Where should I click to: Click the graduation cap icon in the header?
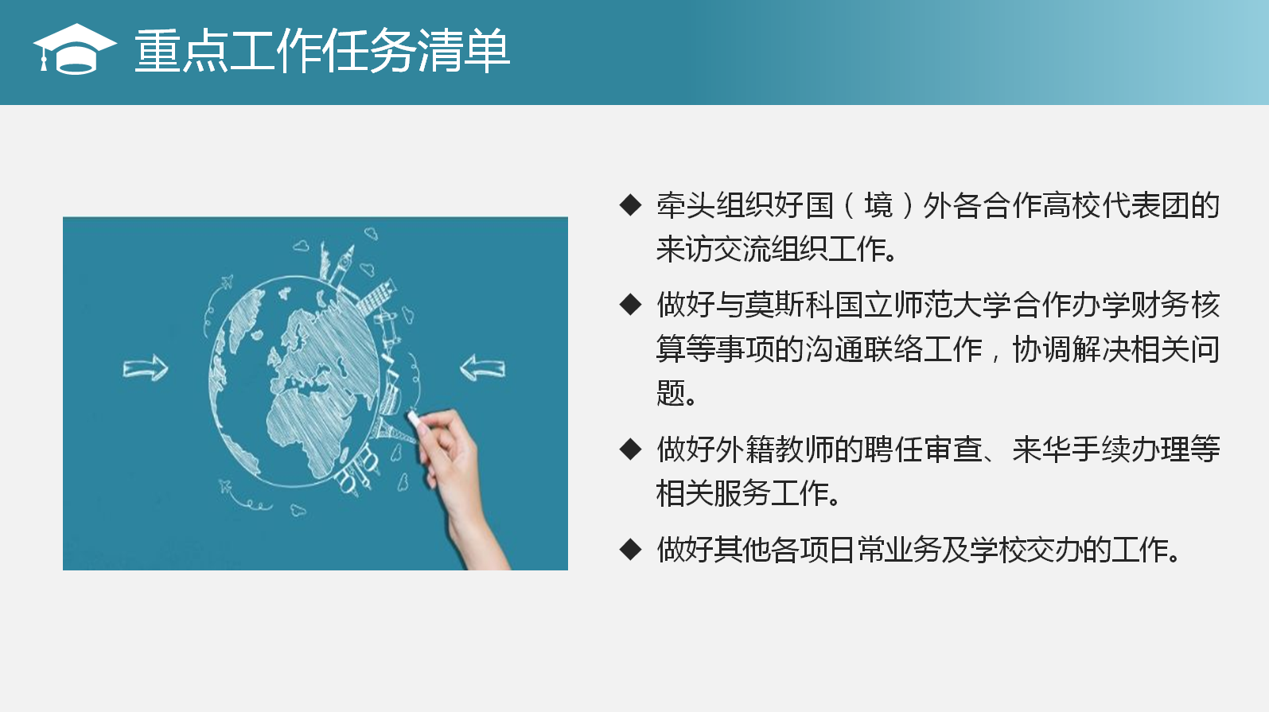click(75, 49)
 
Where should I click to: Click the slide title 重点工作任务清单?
click(322, 51)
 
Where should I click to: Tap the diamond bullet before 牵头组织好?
click(630, 205)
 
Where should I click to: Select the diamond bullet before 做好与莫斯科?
click(630, 305)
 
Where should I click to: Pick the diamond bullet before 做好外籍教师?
click(630, 449)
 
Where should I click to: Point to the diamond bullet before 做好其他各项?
click(630, 550)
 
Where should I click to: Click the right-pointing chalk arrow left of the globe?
click(146, 369)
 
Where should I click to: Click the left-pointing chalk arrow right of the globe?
click(482, 368)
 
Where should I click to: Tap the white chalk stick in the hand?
click(415, 419)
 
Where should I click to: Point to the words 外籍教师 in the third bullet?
click(774, 449)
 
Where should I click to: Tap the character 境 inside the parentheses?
click(878, 205)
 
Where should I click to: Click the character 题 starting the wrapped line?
click(671, 392)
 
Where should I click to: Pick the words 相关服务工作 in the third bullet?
click(743, 492)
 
